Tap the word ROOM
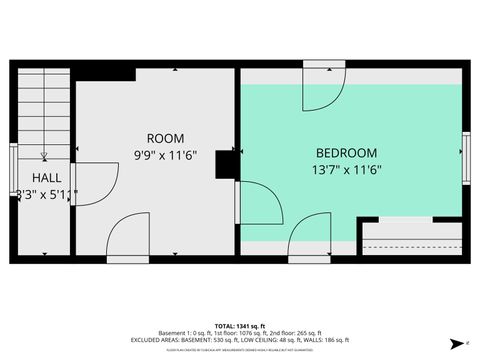point(165,138)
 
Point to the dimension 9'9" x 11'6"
point(165,155)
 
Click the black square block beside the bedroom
point(225,163)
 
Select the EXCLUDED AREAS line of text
point(240,339)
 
